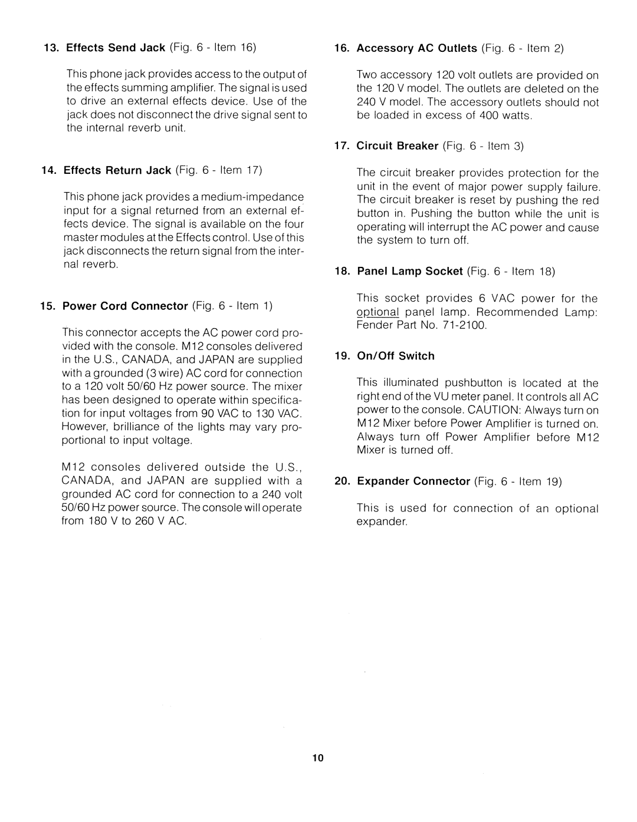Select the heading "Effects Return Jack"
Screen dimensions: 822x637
117,170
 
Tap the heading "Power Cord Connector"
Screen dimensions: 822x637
125,306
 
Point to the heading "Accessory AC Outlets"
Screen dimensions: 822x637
416,48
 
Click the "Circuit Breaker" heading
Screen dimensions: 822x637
397,146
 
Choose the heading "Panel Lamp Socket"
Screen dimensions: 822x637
409,271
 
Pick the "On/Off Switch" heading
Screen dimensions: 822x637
395,356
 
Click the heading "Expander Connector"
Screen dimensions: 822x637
413,481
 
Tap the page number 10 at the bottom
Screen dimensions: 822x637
318,758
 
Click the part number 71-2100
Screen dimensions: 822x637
463,325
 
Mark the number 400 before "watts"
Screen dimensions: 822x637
489,116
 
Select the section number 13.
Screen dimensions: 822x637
50,48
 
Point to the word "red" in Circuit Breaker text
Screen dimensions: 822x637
590,200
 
